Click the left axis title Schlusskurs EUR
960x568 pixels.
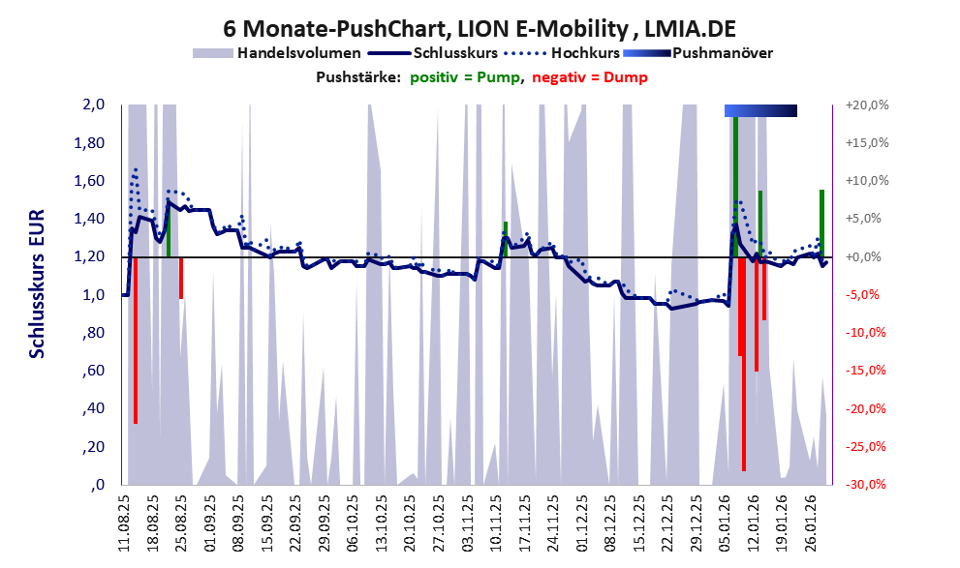click(x=37, y=294)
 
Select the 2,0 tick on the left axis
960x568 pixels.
click(x=92, y=105)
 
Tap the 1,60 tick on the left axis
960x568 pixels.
click(x=88, y=181)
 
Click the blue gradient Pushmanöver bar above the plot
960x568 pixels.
click(x=760, y=111)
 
